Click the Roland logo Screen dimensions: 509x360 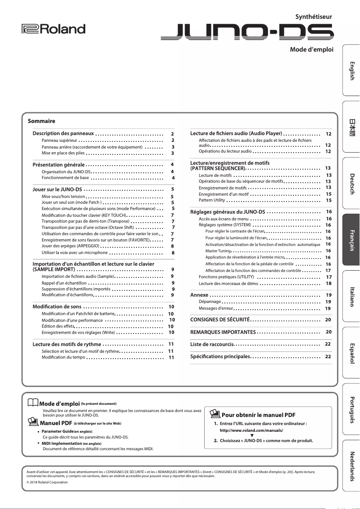pyautogui.click(x=53, y=29)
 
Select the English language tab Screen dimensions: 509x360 pyautogui.click(x=351, y=70)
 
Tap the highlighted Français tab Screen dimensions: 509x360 pyautogui.click(x=351, y=240)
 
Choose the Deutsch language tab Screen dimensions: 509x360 pyautogui.click(x=351, y=183)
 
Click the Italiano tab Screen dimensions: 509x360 pyautogui.click(x=351, y=296)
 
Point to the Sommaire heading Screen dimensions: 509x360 pyautogui.click(x=41, y=121)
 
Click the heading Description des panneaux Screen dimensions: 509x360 pyautogui.click(x=63, y=134)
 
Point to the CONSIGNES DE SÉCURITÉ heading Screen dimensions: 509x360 pyautogui.click(x=220, y=320)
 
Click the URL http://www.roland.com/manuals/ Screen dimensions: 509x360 pyautogui.click(x=251, y=430)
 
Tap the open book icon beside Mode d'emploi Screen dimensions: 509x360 pyautogui.click(x=33, y=404)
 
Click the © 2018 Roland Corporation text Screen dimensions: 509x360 pyautogui.click(x=47, y=482)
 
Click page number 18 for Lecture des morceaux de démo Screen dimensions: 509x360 pyautogui.click(x=329, y=284)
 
